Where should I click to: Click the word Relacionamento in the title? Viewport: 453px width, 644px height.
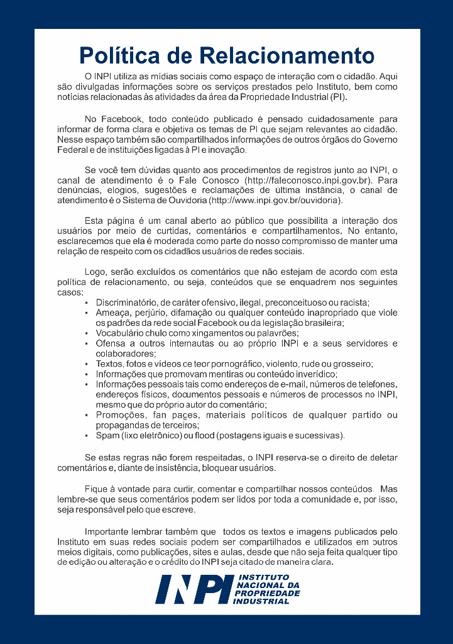(286, 55)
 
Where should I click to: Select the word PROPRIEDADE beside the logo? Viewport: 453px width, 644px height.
(266, 593)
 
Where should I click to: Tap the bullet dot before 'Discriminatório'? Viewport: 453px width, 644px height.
(86, 303)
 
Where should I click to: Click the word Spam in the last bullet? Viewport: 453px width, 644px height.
(107, 436)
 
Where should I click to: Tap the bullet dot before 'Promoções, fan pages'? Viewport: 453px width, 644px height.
(86, 416)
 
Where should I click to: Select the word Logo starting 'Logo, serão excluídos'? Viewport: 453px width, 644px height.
(96, 272)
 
